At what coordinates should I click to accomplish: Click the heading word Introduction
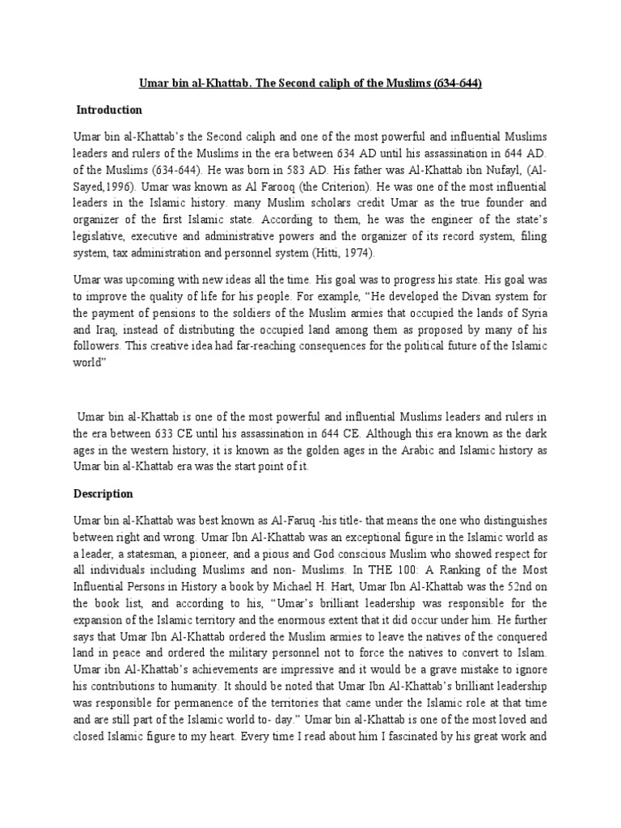[109, 110]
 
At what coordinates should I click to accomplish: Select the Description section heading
[103, 493]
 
